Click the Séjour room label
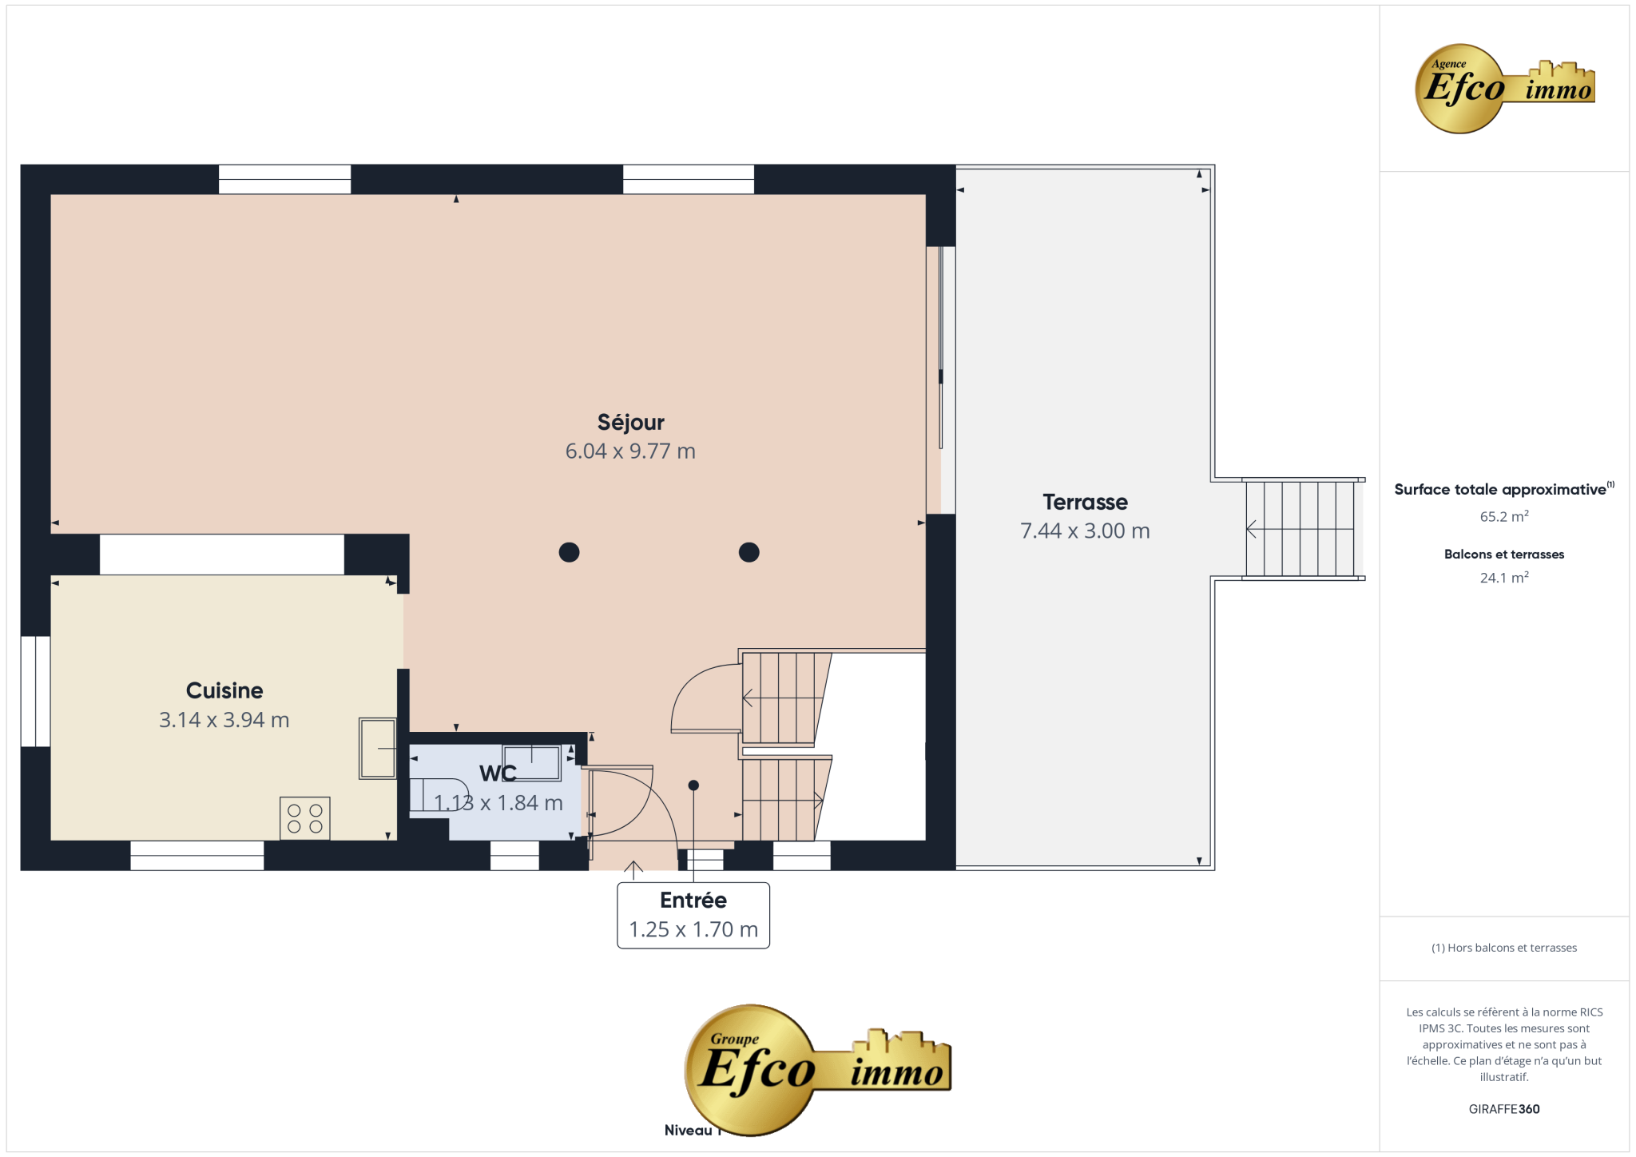(x=630, y=423)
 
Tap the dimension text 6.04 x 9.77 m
(x=630, y=451)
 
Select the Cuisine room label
(x=224, y=690)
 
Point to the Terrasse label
(x=1085, y=502)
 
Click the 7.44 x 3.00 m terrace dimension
(x=1085, y=531)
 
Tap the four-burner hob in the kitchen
(x=305, y=818)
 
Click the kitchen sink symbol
(x=378, y=748)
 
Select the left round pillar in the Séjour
(x=569, y=552)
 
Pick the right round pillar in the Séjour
(x=749, y=552)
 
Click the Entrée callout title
(x=693, y=901)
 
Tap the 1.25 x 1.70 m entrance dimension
(x=693, y=929)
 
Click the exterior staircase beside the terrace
(x=1300, y=528)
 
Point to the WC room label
(x=498, y=773)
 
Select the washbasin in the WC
(x=531, y=762)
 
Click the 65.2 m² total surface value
(x=1504, y=516)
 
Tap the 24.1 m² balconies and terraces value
(x=1504, y=577)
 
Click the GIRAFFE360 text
(x=1504, y=1109)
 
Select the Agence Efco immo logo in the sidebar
(x=1505, y=88)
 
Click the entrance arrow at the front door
(x=633, y=870)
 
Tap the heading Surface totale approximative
(x=1500, y=490)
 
